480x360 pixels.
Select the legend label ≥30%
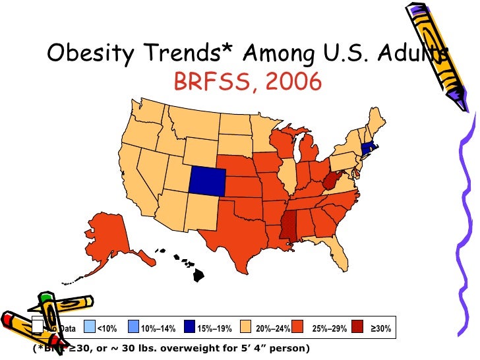pos(381,328)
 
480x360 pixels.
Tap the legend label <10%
pos(107,328)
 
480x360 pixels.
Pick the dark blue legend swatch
pos(190,328)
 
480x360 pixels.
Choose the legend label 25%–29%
pos(328,328)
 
